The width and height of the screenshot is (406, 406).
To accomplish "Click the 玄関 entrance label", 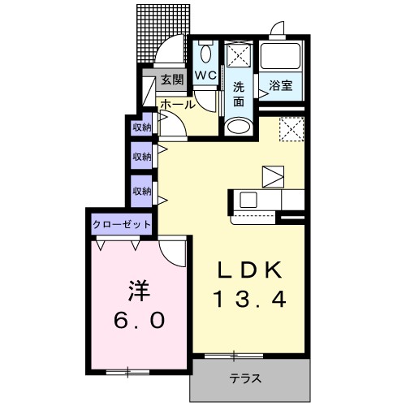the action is (172, 80).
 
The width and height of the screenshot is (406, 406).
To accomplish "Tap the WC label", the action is (205, 75).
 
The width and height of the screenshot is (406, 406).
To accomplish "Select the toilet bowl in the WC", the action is (206, 53).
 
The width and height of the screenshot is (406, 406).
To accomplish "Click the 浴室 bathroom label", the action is (280, 86).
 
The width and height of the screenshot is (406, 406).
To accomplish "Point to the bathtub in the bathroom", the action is (281, 56).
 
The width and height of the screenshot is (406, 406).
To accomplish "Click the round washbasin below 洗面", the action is (238, 126).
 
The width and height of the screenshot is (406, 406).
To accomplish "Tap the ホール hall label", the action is (178, 105).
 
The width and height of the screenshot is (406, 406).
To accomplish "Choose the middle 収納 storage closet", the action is (141, 156).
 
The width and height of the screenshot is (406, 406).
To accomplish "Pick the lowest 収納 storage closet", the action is (141, 191).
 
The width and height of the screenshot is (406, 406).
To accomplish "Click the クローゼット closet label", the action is (122, 224).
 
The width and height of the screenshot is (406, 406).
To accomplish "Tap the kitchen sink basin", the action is (248, 200).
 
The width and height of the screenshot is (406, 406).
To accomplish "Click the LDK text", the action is (250, 270).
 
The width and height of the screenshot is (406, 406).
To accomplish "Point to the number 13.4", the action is (250, 299).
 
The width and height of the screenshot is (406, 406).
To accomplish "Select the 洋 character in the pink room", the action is (139, 291).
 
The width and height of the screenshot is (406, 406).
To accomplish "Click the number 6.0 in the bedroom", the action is (139, 320).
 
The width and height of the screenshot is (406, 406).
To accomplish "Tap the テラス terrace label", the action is (246, 378).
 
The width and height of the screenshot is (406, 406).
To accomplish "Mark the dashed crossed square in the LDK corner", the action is (292, 129).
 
